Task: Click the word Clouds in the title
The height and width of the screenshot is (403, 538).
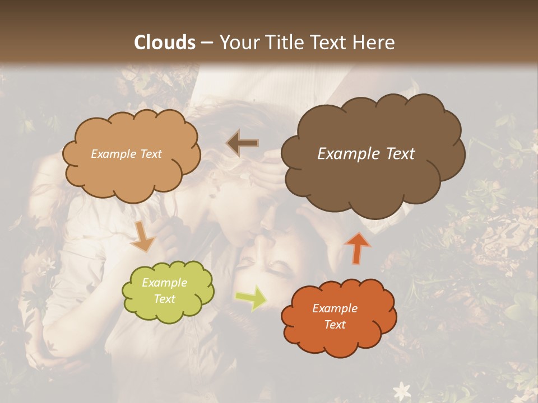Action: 165,42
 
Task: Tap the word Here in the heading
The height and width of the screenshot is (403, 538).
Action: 374,42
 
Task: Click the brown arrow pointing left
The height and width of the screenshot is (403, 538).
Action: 242,143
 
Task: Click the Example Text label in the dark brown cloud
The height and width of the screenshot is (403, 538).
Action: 366,154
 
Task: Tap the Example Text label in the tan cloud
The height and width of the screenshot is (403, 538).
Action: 126,154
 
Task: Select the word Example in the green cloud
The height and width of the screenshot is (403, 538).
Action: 165,283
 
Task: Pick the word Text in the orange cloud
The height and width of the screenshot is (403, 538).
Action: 335,325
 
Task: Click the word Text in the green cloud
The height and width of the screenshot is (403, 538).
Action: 165,299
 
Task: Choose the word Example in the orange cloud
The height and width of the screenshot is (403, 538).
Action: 335,308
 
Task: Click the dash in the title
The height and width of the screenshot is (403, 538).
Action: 207,43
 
